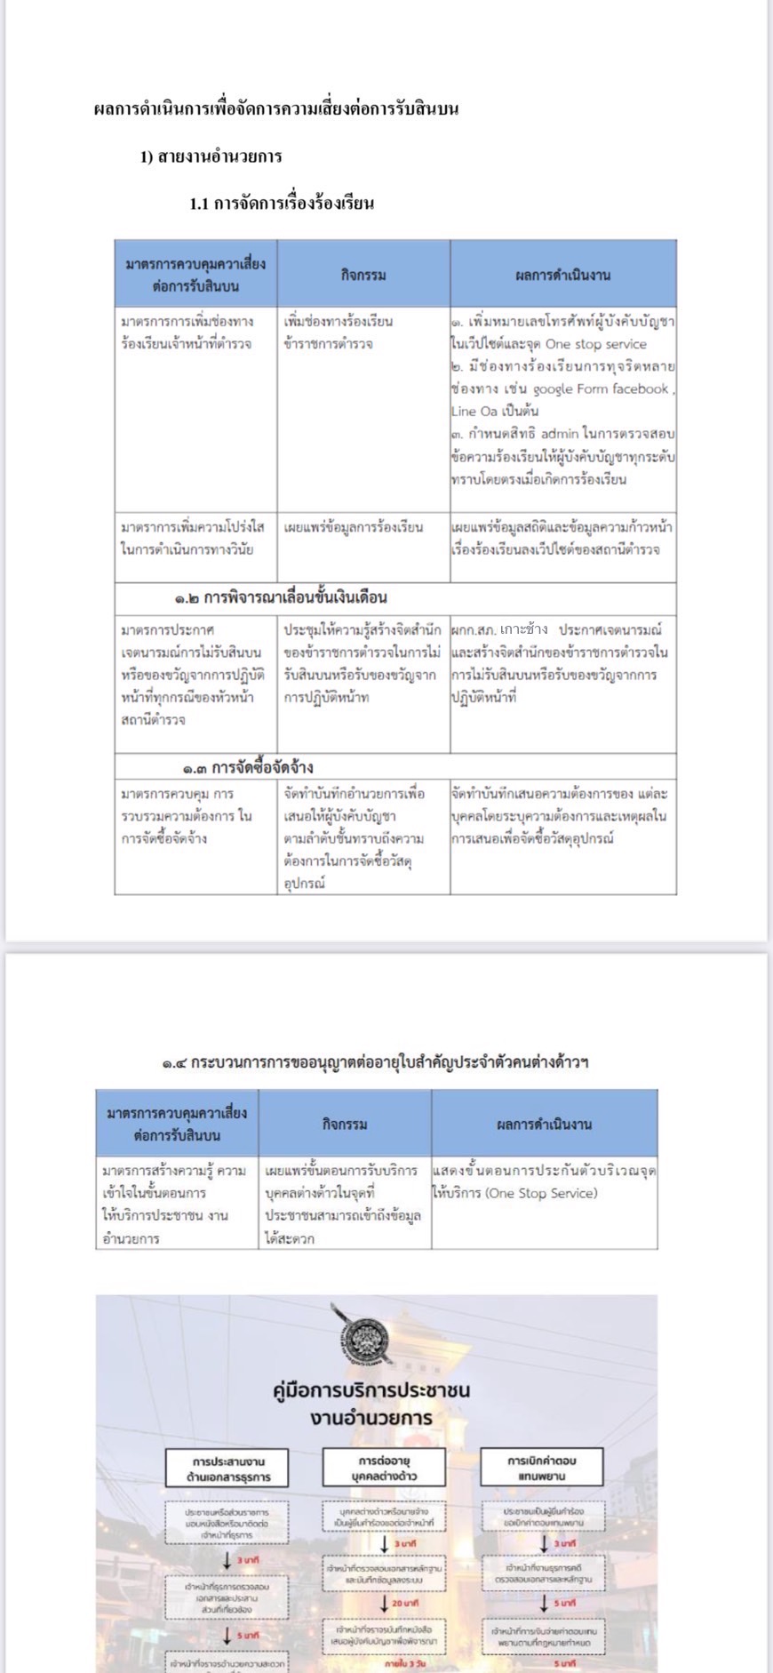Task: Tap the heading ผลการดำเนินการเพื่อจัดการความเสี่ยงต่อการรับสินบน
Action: coord(275,109)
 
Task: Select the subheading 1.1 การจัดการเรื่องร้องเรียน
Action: coord(282,203)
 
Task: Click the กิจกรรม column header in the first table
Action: coord(363,275)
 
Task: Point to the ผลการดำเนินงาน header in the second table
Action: coord(544,1124)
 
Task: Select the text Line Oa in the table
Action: coord(474,411)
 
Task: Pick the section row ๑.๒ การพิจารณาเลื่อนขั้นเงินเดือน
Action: coord(281,597)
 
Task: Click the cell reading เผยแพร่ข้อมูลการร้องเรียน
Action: coord(354,527)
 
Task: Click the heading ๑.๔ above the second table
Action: coord(375,1061)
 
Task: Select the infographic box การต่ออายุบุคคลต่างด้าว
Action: coord(384,1468)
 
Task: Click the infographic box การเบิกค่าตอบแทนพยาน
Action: coord(541,1468)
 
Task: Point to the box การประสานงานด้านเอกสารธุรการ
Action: coord(227,1469)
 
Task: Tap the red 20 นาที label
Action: coord(405,1602)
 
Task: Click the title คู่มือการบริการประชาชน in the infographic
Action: coord(371,1389)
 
